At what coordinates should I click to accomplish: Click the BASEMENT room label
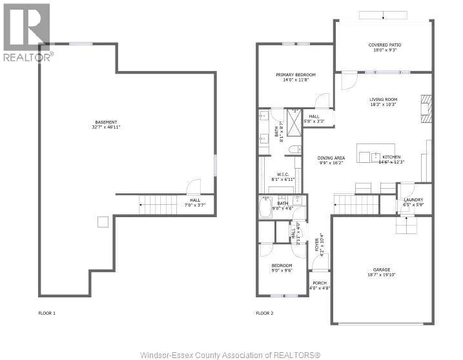click(x=107, y=122)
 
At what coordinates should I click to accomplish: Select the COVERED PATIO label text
click(x=382, y=45)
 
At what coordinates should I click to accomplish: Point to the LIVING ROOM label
click(x=382, y=100)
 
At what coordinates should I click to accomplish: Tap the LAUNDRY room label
click(x=413, y=200)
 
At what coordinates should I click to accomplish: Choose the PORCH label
click(x=319, y=283)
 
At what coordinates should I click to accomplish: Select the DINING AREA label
click(x=331, y=158)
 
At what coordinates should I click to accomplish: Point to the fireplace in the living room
click(x=425, y=107)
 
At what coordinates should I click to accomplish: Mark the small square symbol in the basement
click(x=102, y=222)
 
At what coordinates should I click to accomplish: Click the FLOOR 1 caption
click(x=47, y=313)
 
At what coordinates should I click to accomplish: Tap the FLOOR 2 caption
click(x=265, y=313)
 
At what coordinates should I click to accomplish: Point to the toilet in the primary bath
click(x=294, y=149)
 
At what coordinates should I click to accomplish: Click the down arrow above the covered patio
click(x=382, y=16)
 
